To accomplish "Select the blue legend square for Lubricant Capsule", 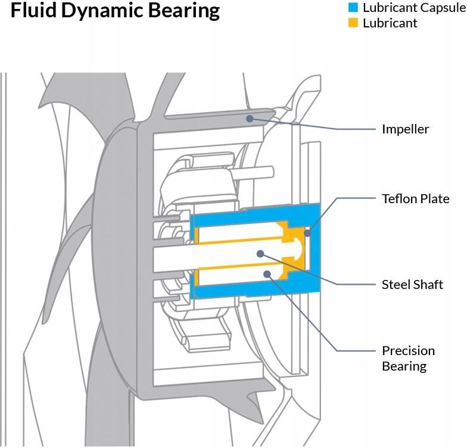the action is point(353,7).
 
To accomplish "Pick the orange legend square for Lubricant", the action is point(353,23).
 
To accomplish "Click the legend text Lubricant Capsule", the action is point(415,8).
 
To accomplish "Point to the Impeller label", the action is point(405,129).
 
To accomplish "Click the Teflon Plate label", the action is point(416,199).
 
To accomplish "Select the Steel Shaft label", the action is point(412,285).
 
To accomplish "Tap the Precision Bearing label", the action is point(409,359).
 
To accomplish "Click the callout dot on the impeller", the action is point(250,119).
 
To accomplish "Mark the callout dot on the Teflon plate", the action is point(307,233).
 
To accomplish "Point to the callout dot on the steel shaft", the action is point(261,254).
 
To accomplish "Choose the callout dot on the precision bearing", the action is point(267,274).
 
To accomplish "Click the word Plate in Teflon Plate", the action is point(434,199).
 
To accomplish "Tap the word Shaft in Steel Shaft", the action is point(428,285).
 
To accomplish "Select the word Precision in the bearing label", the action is point(409,351).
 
